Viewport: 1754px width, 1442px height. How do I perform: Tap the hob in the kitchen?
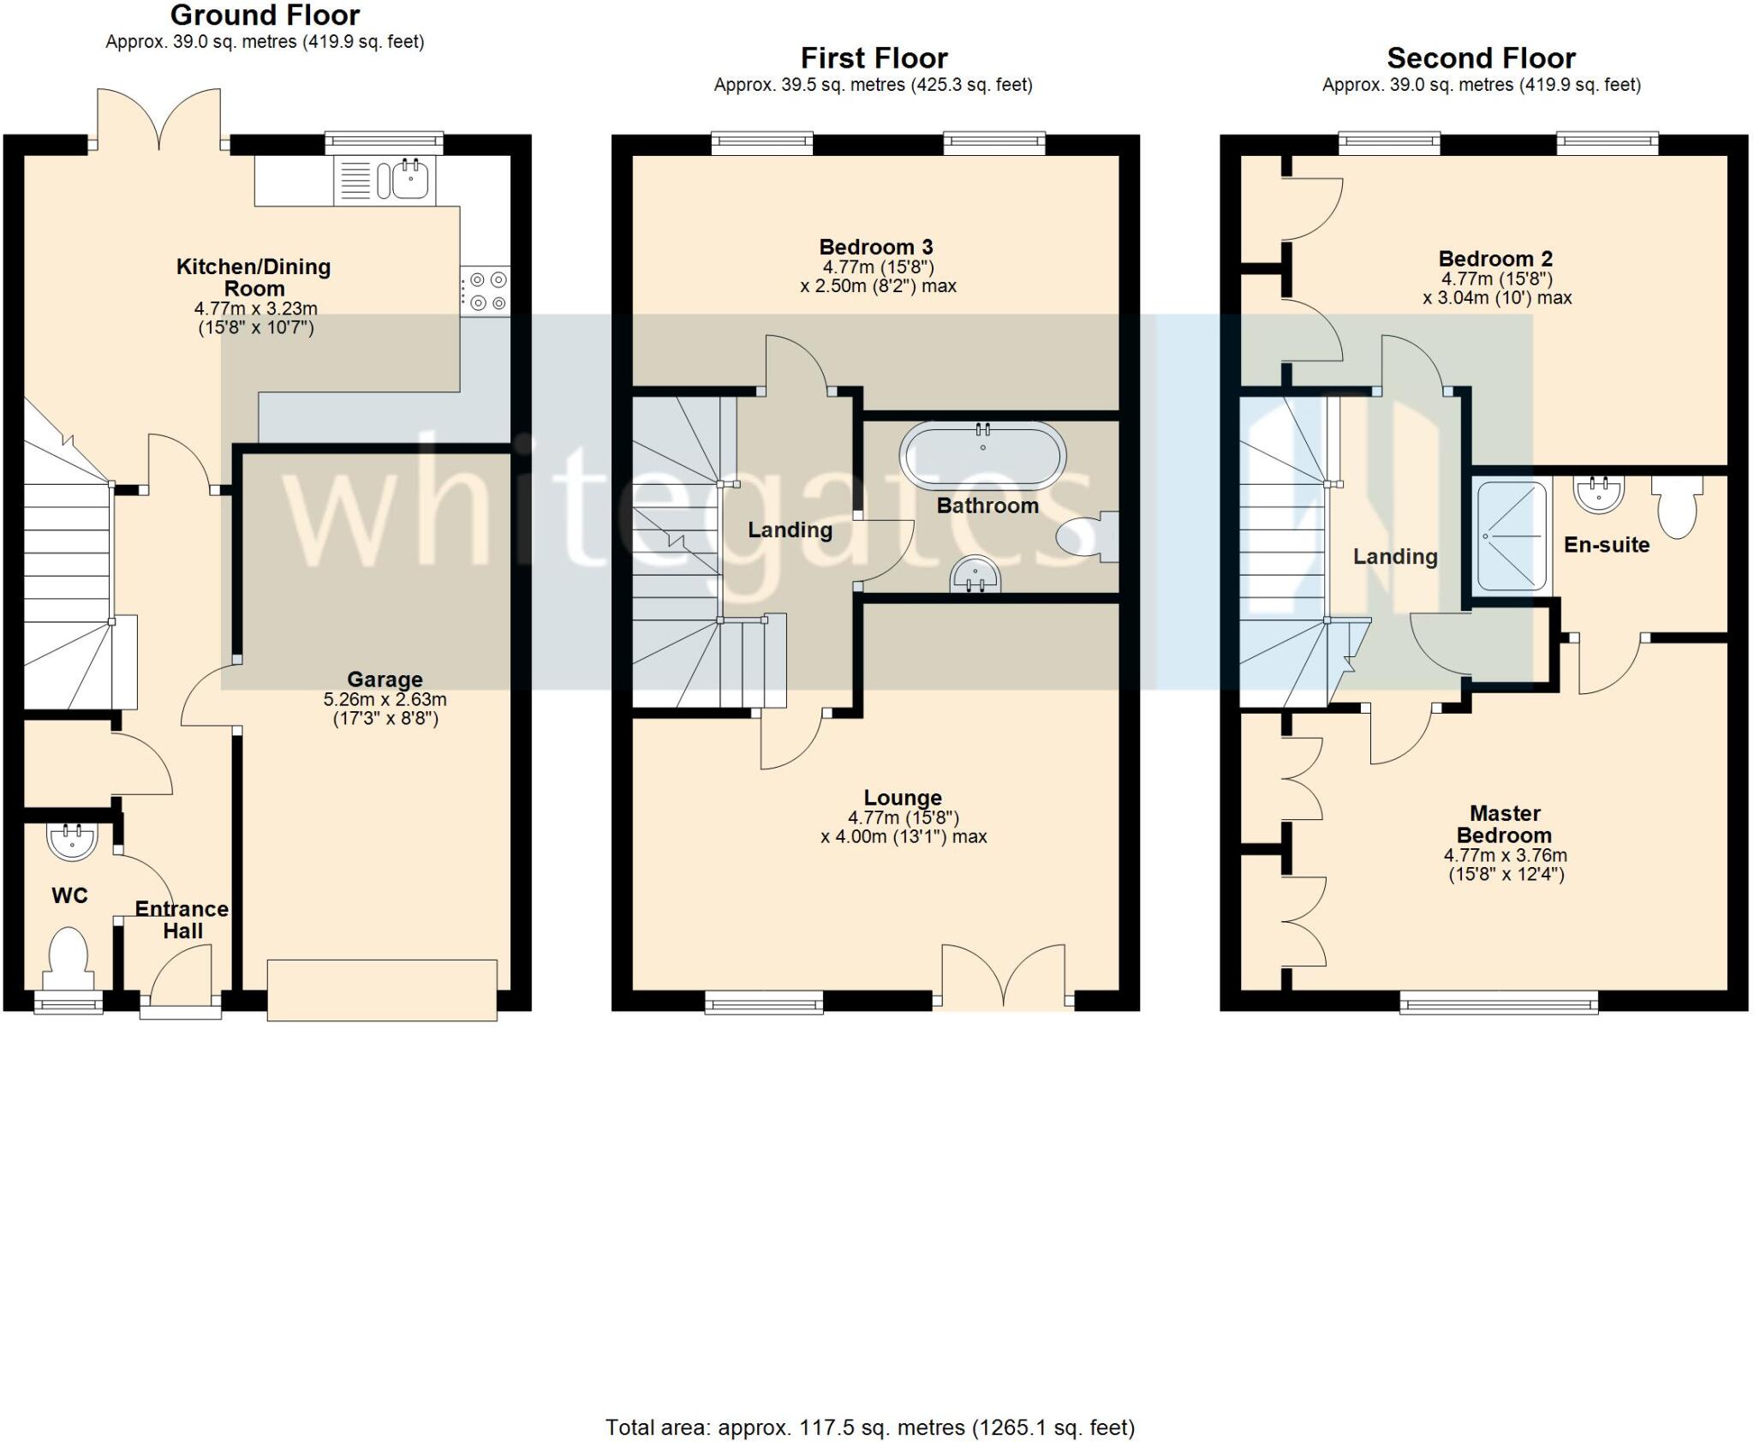tap(485, 291)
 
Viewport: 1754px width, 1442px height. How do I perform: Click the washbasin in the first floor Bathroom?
tap(975, 574)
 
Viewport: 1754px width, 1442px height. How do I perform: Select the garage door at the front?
tap(382, 990)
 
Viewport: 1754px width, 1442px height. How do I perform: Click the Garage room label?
tap(385, 679)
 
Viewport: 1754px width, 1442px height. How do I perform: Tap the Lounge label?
tap(903, 798)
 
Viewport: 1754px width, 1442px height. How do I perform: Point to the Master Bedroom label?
tap(1505, 824)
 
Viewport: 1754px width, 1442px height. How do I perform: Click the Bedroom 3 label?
tap(876, 248)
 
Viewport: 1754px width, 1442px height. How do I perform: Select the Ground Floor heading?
tap(265, 15)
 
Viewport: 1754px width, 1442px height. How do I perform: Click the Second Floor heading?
tap(1482, 58)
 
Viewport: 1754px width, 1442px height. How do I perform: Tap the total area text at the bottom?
tap(870, 1427)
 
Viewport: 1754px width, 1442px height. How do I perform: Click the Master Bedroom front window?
tap(1499, 1002)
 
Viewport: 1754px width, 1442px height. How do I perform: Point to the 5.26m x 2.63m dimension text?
tap(385, 699)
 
